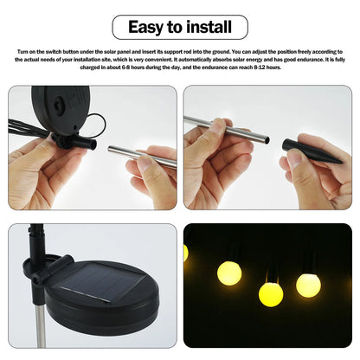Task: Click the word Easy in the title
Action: [149, 27]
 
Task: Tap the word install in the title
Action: [211, 27]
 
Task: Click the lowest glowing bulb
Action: [270, 294]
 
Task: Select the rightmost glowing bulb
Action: [308, 285]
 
